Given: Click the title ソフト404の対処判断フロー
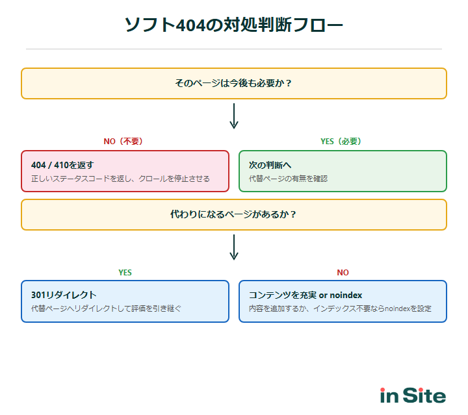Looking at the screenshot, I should pyautogui.click(x=234, y=25).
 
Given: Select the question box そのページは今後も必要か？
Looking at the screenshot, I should pyautogui.click(x=234, y=83).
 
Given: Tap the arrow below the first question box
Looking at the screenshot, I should pyautogui.click(x=234, y=116).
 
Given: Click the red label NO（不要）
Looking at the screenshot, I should pyautogui.click(x=123, y=142).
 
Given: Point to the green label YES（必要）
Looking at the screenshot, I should pyautogui.click(x=341, y=142).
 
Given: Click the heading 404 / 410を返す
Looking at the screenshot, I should pyautogui.click(x=67, y=165).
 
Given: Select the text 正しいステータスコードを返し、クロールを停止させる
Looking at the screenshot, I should pyautogui.click(x=120, y=179).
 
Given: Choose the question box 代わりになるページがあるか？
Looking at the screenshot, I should pyautogui.click(x=234, y=214).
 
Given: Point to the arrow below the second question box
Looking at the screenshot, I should pyautogui.click(x=234, y=247).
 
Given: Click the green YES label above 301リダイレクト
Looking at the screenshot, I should pyautogui.click(x=125, y=273).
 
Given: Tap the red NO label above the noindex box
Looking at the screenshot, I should pyautogui.click(x=343, y=273).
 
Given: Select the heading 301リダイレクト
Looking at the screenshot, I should pyautogui.click(x=64, y=295).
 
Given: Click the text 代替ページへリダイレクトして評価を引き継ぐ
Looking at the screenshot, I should pyautogui.click(x=106, y=308).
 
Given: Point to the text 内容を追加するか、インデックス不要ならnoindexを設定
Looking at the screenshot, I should pyautogui.click(x=340, y=308).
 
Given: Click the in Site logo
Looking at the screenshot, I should pyautogui.click(x=413, y=396).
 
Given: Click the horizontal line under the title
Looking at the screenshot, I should pyautogui.click(x=234, y=49).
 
